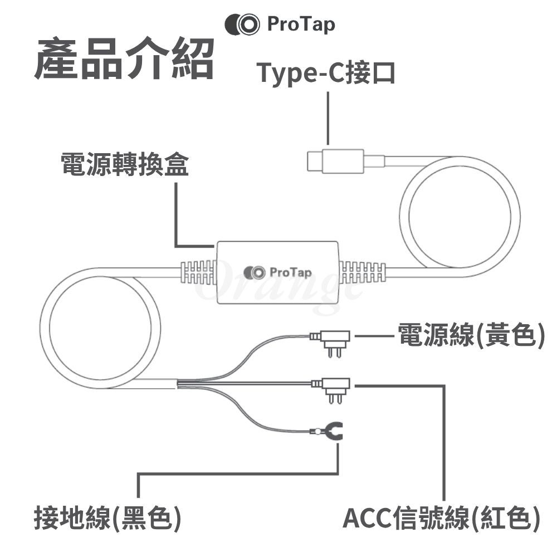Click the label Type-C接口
[x=326, y=73]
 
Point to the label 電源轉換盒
[x=125, y=165]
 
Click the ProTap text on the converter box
[x=291, y=272]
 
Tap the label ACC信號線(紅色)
[x=441, y=517]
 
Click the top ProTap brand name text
[x=301, y=25]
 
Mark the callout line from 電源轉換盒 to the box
[x=176, y=217]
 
